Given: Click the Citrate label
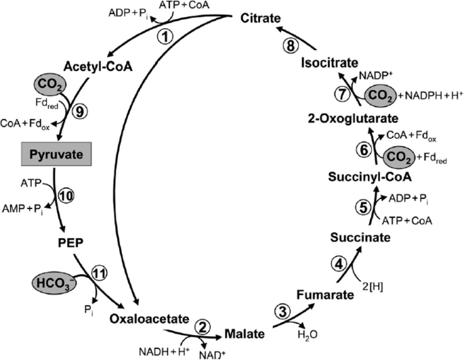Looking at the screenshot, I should point(261,18).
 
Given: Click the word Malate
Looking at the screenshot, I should point(240,334).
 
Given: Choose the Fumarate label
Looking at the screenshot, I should point(326,294).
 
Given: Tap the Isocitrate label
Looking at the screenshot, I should point(330,62).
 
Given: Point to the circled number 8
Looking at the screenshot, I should point(289,45).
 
